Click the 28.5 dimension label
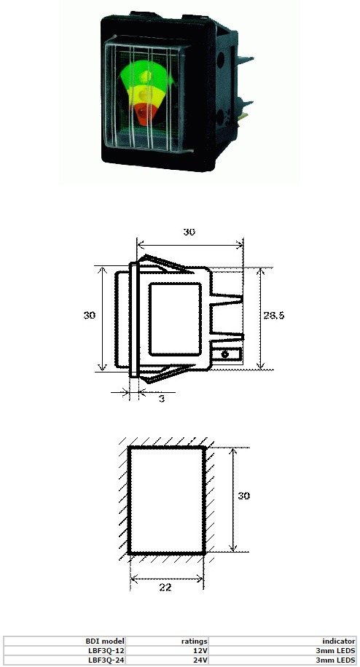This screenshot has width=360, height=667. pos(274,315)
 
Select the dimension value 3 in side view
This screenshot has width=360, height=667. pos(162,399)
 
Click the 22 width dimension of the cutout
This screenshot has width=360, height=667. pos(165,588)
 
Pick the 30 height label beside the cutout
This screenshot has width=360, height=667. pos(243,496)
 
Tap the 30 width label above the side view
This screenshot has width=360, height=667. pos(189,232)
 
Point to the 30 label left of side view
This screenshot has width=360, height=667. pos(89,315)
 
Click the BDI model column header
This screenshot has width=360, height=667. pos(105,641)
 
